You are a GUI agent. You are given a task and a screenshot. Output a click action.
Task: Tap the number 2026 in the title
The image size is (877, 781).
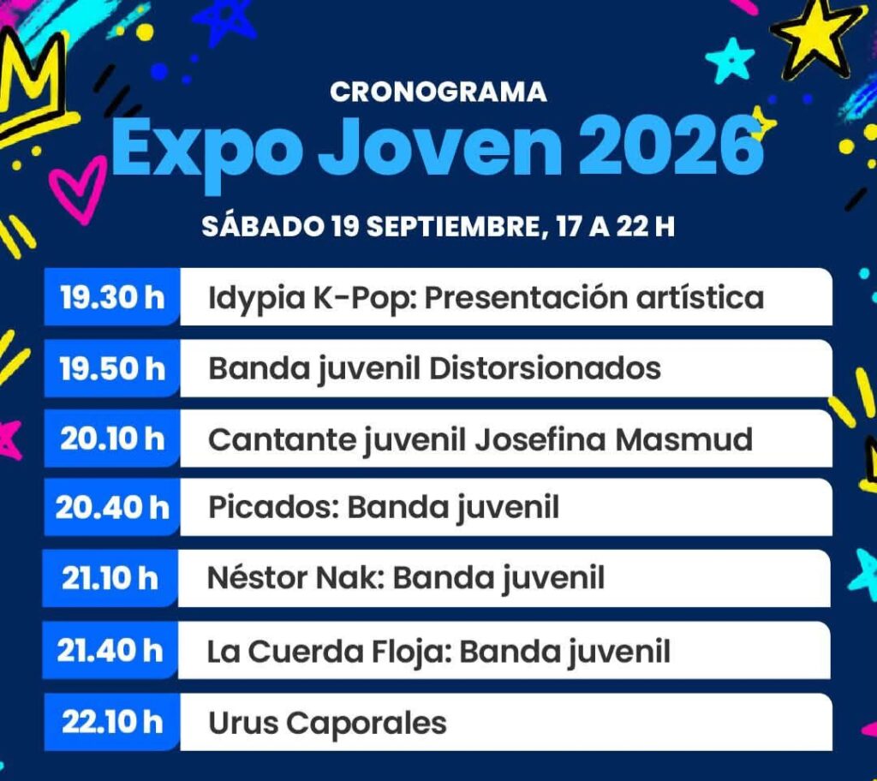(671, 147)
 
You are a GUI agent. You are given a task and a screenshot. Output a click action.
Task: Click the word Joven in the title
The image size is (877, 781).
(440, 147)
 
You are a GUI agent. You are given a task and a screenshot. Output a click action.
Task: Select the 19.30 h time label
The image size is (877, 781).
(112, 297)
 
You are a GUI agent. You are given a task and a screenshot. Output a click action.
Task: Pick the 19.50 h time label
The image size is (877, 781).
(112, 369)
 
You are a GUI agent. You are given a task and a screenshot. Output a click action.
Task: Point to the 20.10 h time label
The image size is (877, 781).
(112, 438)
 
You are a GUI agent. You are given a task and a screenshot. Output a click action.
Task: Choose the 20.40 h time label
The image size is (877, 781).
(112, 508)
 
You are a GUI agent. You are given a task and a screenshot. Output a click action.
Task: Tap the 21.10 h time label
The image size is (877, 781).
(110, 578)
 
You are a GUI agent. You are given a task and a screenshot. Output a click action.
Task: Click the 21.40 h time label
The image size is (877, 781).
(110, 651)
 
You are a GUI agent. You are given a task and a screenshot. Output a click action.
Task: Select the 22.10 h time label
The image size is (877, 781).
(112, 722)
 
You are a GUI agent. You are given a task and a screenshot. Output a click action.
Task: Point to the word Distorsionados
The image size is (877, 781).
(545, 369)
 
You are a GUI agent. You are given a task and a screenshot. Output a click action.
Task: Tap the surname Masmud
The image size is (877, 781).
(683, 439)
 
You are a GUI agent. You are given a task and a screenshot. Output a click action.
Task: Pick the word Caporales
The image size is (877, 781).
(367, 724)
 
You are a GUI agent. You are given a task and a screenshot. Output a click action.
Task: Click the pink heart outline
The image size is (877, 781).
(77, 189)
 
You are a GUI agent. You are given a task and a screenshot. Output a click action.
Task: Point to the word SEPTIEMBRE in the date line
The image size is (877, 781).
(453, 227)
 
